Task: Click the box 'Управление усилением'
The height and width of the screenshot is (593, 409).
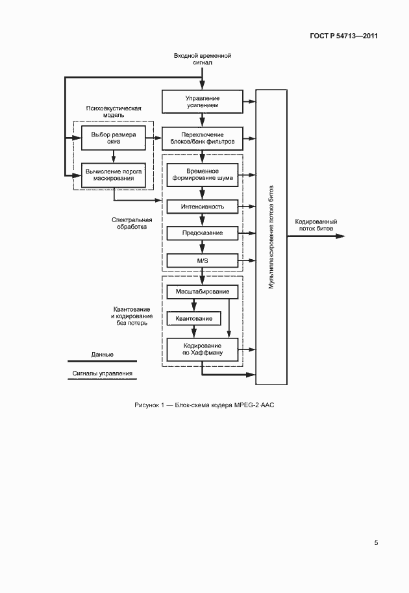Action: (x=202, y=101)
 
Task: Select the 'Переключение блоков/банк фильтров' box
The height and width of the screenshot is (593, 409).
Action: (x=202, y=138)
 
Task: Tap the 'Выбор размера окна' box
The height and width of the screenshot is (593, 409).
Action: (x=114, y=138)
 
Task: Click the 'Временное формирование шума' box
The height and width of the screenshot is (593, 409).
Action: (x=203, y=174)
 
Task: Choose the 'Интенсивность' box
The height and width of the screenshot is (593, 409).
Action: (x=203, y=207)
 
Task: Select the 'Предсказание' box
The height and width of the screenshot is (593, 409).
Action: (x=203, y=233)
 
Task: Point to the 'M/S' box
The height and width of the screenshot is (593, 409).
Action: (x=203, y=260)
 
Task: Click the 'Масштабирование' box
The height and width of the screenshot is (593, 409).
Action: (x=203, y=292)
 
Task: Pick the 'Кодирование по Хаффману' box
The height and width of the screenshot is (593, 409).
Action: (x=203, y=349)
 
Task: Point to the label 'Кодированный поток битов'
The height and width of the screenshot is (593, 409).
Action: (x=316, y=225)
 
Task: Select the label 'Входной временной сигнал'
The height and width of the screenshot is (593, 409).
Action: (x=203, y=60)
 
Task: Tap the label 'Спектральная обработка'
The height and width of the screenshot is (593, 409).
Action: (x=129, y=223)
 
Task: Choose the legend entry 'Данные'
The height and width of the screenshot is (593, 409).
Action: (x=103, y=355)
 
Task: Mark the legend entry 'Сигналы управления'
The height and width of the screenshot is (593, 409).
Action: (x=103, y=374)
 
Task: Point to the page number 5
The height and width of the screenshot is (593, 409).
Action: (x=376, y=543)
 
